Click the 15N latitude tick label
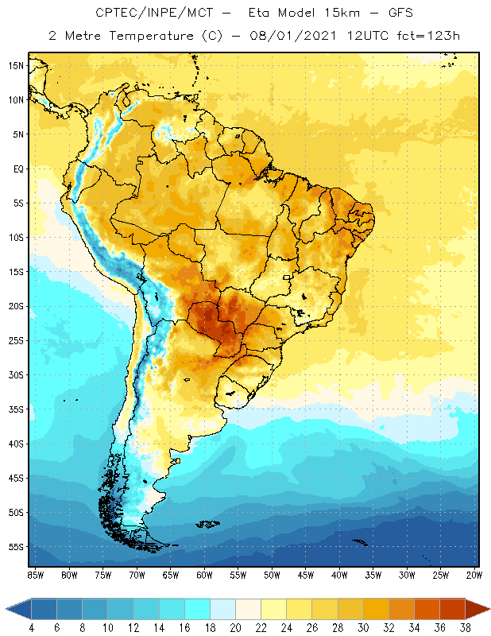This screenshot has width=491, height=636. click(15, 65)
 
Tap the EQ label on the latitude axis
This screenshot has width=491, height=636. click(17, 169)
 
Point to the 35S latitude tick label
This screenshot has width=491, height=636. click(15, 409)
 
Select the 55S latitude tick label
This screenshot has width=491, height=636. click(15, 547)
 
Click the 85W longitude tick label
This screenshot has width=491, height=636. click(35, 575)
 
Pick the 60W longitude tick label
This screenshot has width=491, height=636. click(204, 575)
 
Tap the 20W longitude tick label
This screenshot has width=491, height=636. click(474, 575)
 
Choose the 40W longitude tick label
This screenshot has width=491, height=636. click(339, 575)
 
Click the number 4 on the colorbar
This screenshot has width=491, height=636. click(32, 628)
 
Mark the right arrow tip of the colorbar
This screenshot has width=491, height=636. click(489, 609)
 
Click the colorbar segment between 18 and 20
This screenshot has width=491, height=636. click(222, 609)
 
